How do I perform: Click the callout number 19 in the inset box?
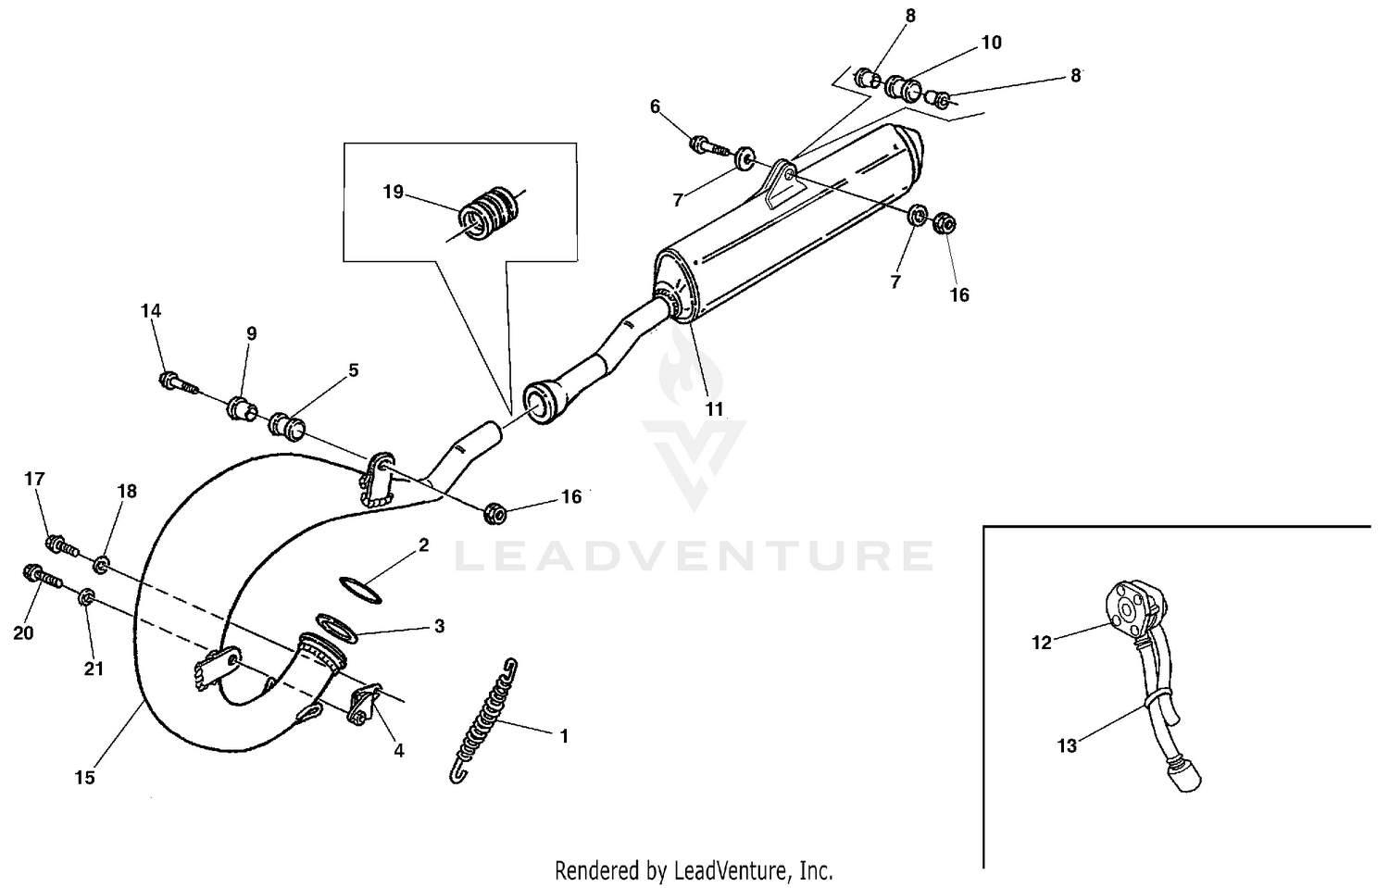coord(394,192)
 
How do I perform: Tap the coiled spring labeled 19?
coord(490,212)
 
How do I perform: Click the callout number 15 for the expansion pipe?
coord(84,778)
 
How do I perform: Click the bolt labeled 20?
coord(42,579)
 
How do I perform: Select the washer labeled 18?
coord(102,562)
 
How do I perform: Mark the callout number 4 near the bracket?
coord(399,751)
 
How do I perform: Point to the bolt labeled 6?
coord(707,144)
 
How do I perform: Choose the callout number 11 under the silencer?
coord(715,408)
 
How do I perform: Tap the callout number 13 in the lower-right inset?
coord(1067,744)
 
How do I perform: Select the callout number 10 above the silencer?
coord(991,43)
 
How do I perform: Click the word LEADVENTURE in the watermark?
coord(694,556)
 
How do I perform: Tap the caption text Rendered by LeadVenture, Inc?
coord(694,870)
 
